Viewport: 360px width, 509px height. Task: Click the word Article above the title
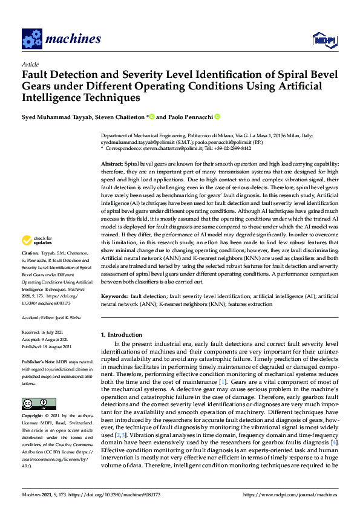pos(30,63)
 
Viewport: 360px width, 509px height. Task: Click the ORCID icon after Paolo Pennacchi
pos(217,117)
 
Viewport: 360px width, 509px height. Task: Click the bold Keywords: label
pos(114,297)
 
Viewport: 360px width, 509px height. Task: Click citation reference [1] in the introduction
pos(223,382)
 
